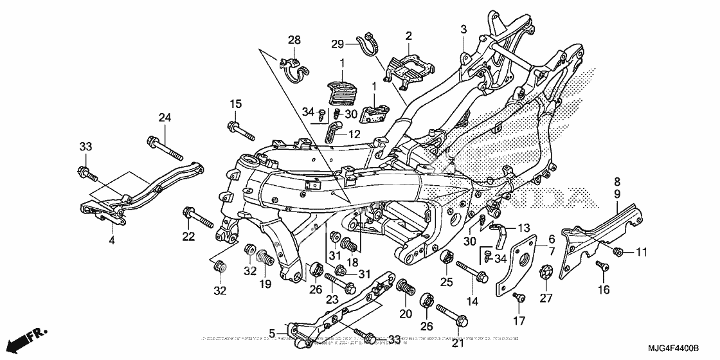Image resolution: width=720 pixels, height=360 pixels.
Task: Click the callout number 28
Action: pos(294,40)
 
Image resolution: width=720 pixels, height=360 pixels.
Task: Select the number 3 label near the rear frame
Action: pos(463,29)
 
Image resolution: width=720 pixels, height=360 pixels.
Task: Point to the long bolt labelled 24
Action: pos(166,147)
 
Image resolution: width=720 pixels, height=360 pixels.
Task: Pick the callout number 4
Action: pos(111,240)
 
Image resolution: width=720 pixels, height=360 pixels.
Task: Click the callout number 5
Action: pos(272,332)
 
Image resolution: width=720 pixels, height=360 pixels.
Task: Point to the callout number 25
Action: pos(445,282)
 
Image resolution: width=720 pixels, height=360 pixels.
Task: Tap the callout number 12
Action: pos(355,134)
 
